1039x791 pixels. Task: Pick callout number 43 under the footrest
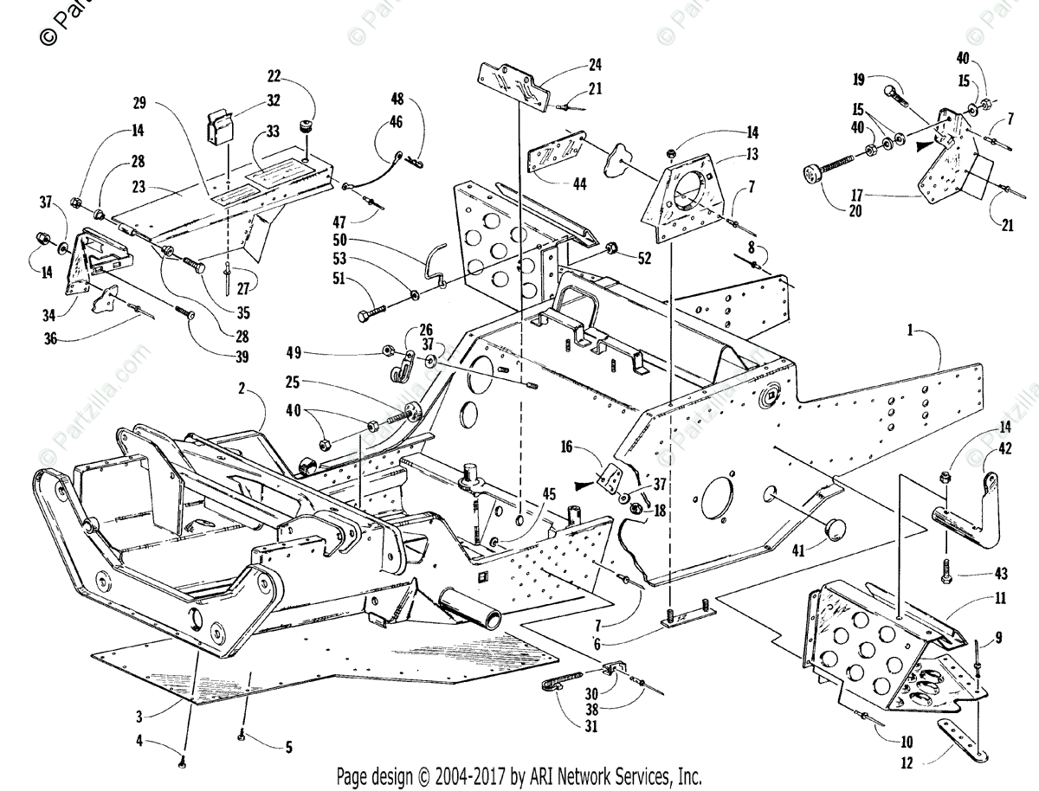point(952,574)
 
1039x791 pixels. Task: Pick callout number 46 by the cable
point(397,123)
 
